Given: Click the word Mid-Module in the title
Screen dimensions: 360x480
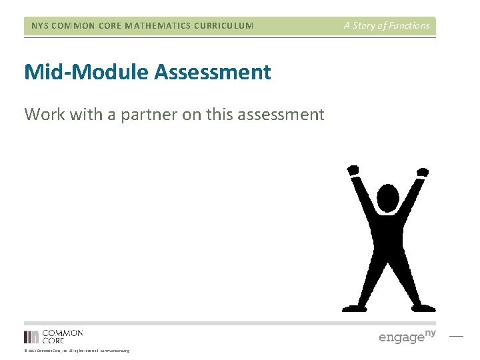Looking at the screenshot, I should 86,72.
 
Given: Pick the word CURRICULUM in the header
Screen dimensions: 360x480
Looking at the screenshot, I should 220,26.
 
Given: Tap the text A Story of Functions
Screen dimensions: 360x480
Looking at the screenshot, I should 387,26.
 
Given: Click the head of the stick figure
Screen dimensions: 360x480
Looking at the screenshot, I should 387,198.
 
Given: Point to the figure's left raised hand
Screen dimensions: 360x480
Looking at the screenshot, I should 353,171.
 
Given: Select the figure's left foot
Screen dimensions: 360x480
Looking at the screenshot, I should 353,307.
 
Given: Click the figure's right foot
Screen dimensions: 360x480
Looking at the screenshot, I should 423,307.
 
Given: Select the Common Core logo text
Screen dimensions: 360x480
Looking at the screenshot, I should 63,336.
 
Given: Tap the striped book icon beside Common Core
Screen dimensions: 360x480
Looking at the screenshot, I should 31,337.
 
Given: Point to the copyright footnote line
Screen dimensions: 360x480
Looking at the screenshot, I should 77,351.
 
